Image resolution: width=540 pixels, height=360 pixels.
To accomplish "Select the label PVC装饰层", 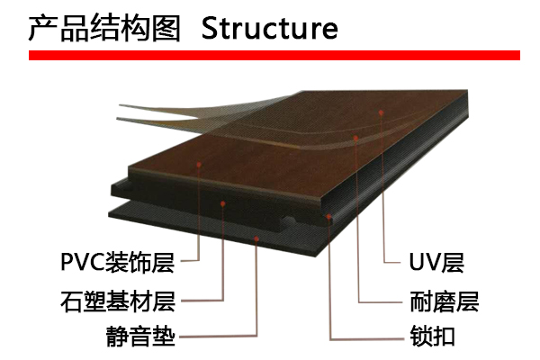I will (x=118, y=264).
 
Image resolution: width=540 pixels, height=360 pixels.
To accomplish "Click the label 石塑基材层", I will (x=118, y=301).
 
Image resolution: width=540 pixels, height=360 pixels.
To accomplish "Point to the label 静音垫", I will (x=139, y=337).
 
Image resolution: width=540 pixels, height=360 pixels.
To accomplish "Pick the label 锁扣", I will (x=431, y=337).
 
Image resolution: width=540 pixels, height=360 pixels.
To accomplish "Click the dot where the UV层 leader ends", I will (x=382, y=113).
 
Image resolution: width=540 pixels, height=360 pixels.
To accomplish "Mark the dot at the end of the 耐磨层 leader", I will (x=357, y=139).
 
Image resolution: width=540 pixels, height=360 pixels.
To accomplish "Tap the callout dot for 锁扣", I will (x=329, y=216).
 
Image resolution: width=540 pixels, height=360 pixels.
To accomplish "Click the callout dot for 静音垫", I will (x=257, y=238).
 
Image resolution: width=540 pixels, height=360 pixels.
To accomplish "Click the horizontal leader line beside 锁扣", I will (x=364, y=338).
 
